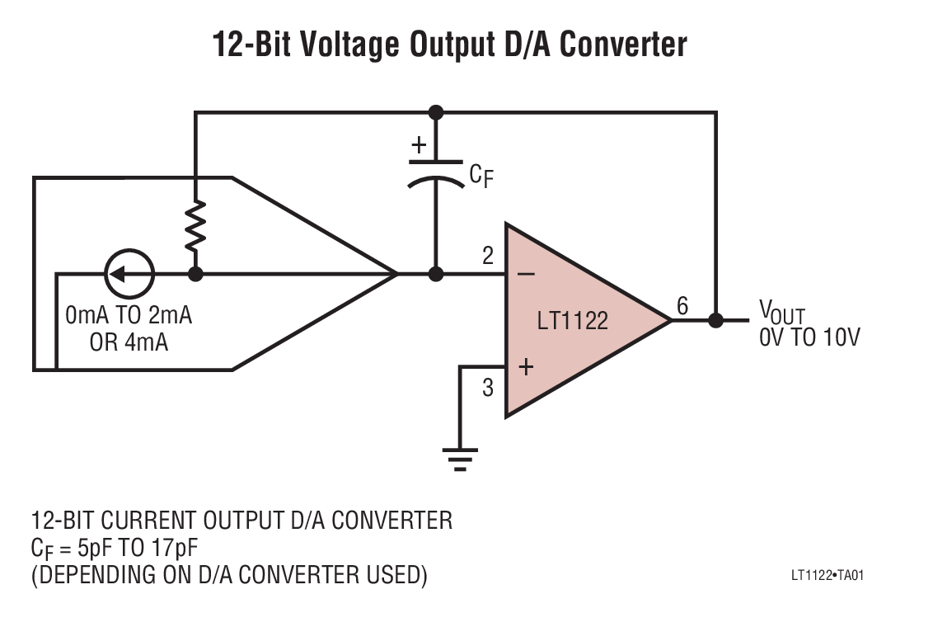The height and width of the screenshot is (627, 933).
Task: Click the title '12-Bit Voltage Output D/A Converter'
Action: (450, 44)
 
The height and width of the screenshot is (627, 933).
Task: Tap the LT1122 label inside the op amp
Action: (572, 321)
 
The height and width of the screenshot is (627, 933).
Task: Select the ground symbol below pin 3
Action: (460, 459)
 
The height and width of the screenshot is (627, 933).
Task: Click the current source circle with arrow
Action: (129, 273)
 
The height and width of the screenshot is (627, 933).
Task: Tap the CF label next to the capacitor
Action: (481, 175)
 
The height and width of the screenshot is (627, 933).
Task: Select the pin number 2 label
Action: (488, 256)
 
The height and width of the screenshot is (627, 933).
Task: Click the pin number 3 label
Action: (488, 386)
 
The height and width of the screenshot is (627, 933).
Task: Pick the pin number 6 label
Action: (682, 306)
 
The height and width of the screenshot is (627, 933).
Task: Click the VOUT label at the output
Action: (781, 312)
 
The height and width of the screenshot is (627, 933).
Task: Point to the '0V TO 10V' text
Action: (809, 337)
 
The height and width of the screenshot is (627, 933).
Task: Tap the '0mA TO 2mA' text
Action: (129, 316)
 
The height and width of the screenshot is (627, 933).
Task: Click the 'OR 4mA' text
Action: (129, 342)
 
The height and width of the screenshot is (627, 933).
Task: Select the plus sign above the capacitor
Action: (420, 146)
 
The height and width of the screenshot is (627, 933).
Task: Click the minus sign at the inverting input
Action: (527, 274)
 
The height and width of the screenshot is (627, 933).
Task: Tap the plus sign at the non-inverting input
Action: (527, 367)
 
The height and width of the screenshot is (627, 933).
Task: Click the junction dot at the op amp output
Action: (715, 320)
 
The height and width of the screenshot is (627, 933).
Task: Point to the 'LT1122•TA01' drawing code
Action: (827, 576)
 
